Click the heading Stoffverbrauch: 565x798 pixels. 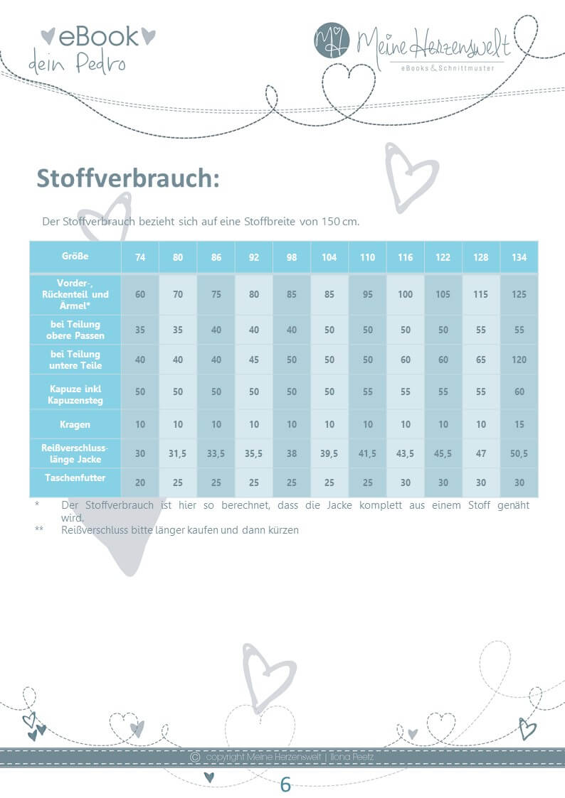pos(127,178)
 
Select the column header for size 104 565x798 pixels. pos(329,257)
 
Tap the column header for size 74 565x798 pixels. pos(140,257)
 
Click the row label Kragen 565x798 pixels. pos(75,424)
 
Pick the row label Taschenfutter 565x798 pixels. pos(75,478)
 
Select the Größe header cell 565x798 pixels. pos(75,256)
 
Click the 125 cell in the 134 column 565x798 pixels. pos(519,294)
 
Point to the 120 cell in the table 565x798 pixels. pos(519,360)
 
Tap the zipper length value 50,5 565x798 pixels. pos(519,453)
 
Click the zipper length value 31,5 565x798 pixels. pos(178,453)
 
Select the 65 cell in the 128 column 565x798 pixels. pos(481,360)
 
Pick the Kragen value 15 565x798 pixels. pos(519,424)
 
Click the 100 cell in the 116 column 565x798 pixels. pos(405,294)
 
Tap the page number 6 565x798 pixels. pos(285,784)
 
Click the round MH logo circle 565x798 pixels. pos(332,41)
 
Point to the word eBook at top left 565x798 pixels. pos(98,36)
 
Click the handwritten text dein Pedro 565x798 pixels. pos(77,64)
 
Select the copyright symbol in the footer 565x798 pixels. pos(195,757)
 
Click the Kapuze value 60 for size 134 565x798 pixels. pos(519,392)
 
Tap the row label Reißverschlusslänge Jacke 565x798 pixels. pos(75,453)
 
